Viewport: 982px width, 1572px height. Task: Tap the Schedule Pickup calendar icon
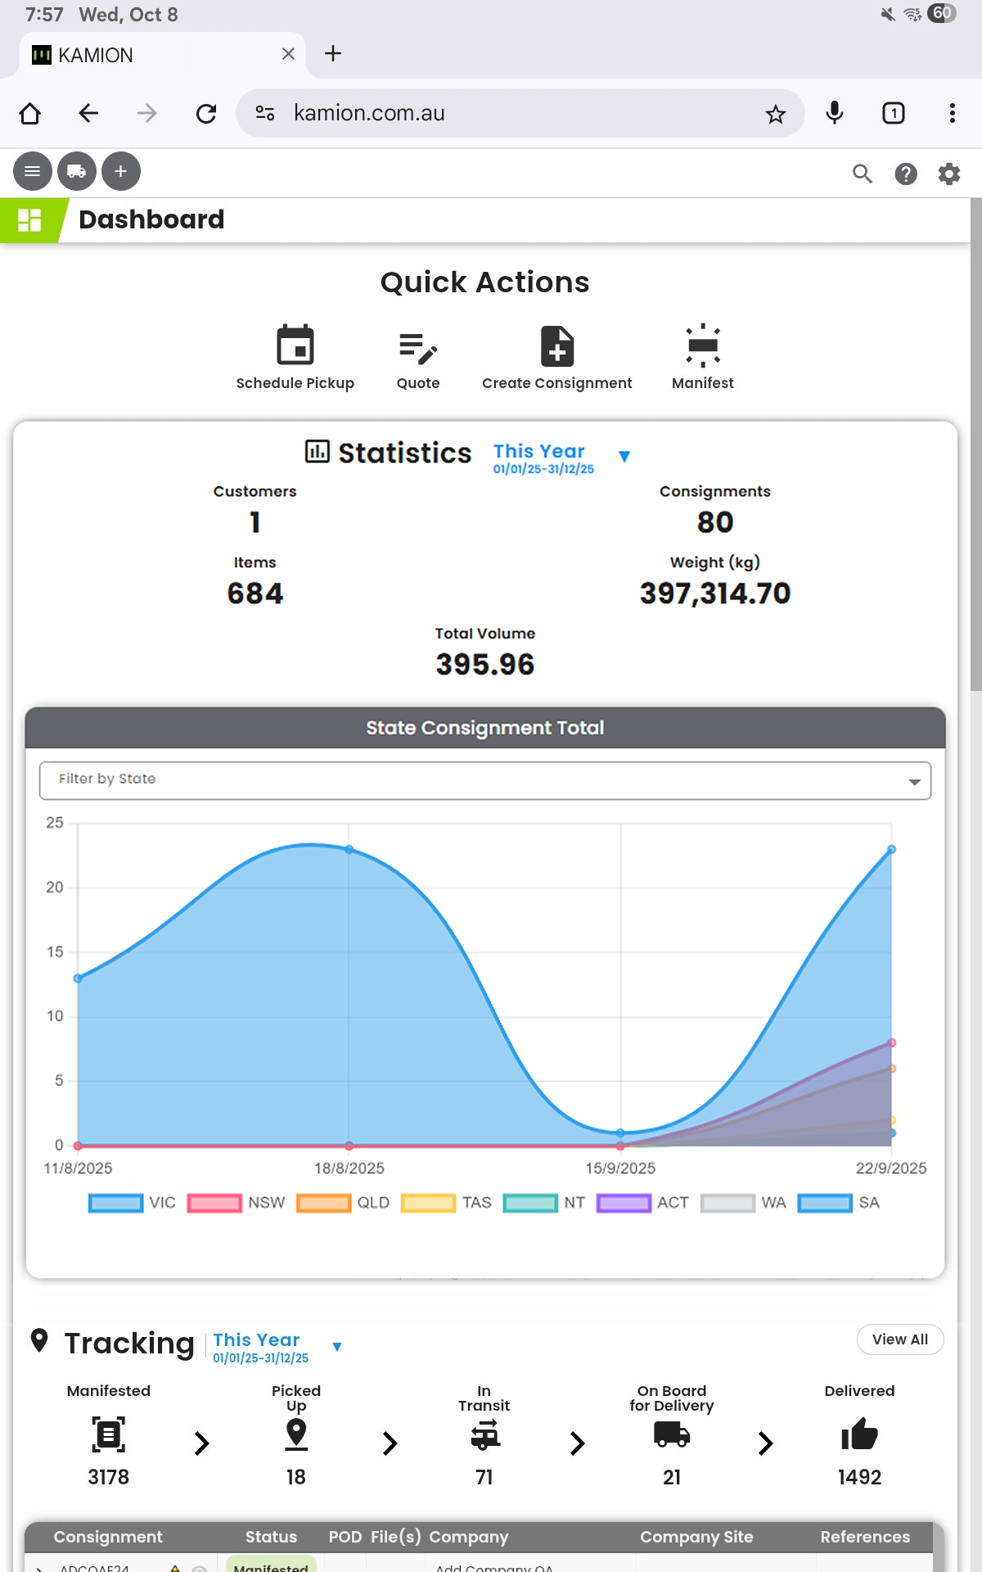[295, 345]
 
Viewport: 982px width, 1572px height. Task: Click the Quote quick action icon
[418, 348]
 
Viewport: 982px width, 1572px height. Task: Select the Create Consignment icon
[557, 346]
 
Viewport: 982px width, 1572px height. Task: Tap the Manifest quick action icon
[703, 345]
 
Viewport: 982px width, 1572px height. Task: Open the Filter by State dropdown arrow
[914, 782]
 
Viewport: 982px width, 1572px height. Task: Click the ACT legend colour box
[624, 1203]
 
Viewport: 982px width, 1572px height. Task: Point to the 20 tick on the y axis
[55, 888]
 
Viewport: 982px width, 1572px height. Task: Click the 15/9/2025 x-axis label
[620, 1168]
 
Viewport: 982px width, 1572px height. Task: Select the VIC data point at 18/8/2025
[349, 850]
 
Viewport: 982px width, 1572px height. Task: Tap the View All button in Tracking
[899, 1339]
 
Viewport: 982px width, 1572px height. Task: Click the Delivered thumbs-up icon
[859, 1434]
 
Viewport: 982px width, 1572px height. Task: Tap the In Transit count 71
[484, 1477]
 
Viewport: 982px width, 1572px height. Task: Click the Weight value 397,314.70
[714, 594]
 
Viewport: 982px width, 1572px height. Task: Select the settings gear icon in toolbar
[948, 174]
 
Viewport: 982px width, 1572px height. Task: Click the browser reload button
[206, 113]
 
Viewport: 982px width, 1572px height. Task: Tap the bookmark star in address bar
[775, 114]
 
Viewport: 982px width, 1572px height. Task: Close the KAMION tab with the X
[288, 54]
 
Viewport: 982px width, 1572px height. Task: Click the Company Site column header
[696, 1537]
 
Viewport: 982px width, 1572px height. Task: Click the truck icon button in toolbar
[77, 172]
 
